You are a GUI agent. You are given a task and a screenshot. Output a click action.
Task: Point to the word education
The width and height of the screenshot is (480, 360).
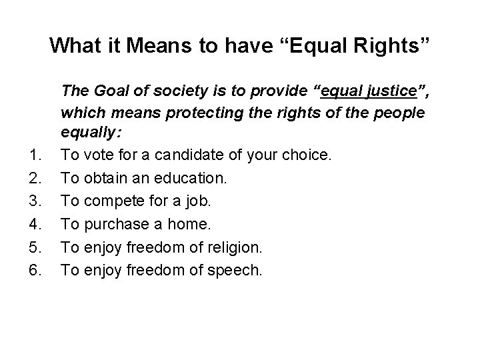tap(191, 177)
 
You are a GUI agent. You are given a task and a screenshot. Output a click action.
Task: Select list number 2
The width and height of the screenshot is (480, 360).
tap(37, 177)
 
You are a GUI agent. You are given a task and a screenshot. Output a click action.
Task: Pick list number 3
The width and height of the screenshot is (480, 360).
tap(37, 201)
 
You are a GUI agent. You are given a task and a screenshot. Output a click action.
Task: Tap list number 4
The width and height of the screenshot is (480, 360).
tap(37, 223)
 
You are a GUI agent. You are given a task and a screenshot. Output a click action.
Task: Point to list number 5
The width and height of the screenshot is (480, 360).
tap(37, 247)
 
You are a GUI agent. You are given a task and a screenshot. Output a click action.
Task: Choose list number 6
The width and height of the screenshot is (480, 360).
tap(37, 270)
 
